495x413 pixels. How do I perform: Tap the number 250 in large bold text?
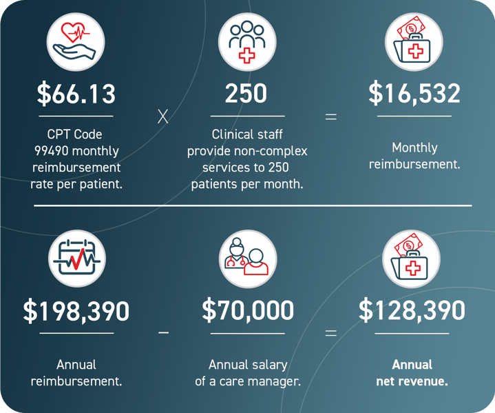pyautogui.click(x=246, y=93)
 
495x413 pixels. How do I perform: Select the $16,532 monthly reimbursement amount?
pyautogui.click(x=414, y=93)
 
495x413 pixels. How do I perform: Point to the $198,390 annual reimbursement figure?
pyautogui.click(x=76, y=312)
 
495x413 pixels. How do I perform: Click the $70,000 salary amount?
pyautogui.click(x=247, y=311)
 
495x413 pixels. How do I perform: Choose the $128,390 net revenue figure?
pyautogui.click(x=412, y=311)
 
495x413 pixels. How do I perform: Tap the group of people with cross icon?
pyautogui.click(x=246, y=41)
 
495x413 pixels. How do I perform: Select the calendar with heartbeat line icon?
pyautogui.click(x=76, y=259)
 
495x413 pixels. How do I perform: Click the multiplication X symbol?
pyautogui.click(x=162, y=117)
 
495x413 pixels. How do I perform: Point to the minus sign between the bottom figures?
pyautogui.click(x=163, y=332)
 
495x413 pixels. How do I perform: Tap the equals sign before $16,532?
pyautogui.click(x=331, y=117)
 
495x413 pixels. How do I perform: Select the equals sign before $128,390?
pyautogui.click(x=331, y=333)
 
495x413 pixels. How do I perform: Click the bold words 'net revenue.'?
pyautogui.click(x=412, y=381)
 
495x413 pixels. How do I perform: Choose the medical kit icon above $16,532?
pyautogui.click(x=413, y=41)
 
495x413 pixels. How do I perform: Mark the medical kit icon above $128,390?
pyautogui.click(x=411, y=259)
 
